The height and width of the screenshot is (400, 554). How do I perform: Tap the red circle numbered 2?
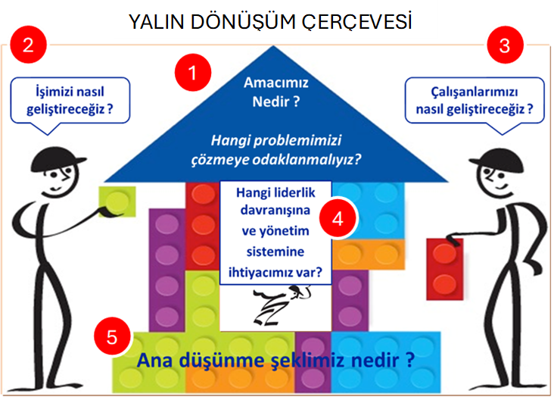29,45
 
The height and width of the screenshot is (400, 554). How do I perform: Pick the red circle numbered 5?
112,337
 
